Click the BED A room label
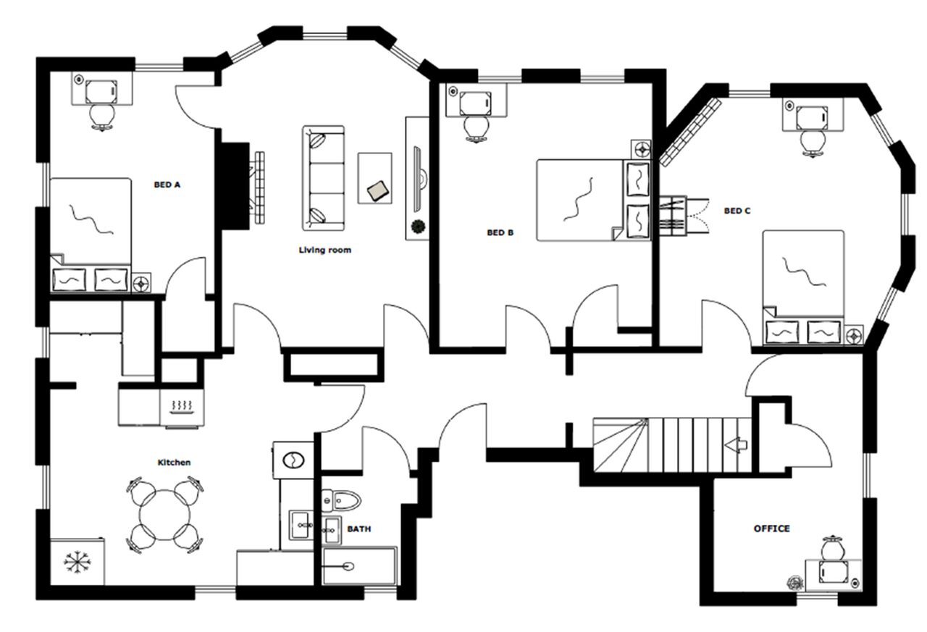click(x=167, y=185)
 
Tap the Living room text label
click(x=324, y=250)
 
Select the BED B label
click(x=500, y=233)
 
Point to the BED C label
click(x=737, y=211)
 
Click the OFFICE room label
click(x=771, y=528)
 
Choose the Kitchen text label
click(x=174, y=462)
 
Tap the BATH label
click(x=358, y=529)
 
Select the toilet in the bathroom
click(x=343, y=499)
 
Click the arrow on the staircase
click(x=737, y=444)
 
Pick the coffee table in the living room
click(x=375, y=178)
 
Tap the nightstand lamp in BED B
click(x=642, y=149)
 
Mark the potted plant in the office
click(x=796, y=582)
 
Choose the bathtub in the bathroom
click(x=359, y=565)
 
